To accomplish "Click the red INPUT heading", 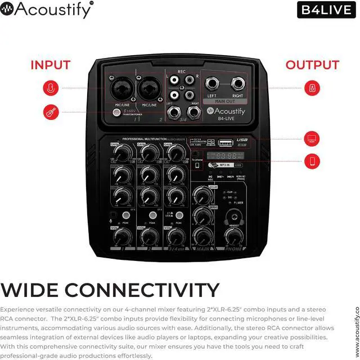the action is click(50, 65).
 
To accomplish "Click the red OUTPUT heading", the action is click(312, 65).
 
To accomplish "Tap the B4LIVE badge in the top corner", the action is click(326, 10).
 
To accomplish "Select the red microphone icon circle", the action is click(50, 88).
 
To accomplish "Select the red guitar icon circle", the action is click(50, 111).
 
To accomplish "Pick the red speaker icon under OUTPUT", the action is click(312, 88).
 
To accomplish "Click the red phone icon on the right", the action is click(312, 159).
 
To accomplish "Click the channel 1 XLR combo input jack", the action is click(124, 89).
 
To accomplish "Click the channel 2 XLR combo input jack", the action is click(150, 89).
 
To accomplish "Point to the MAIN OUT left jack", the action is click(213, 86).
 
